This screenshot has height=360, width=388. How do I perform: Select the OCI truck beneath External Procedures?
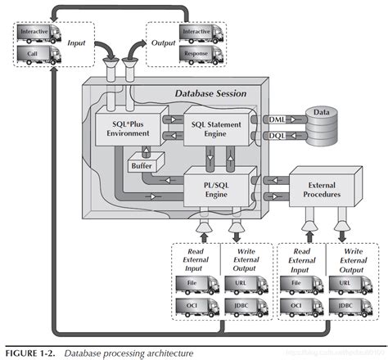(x=300, y=309)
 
